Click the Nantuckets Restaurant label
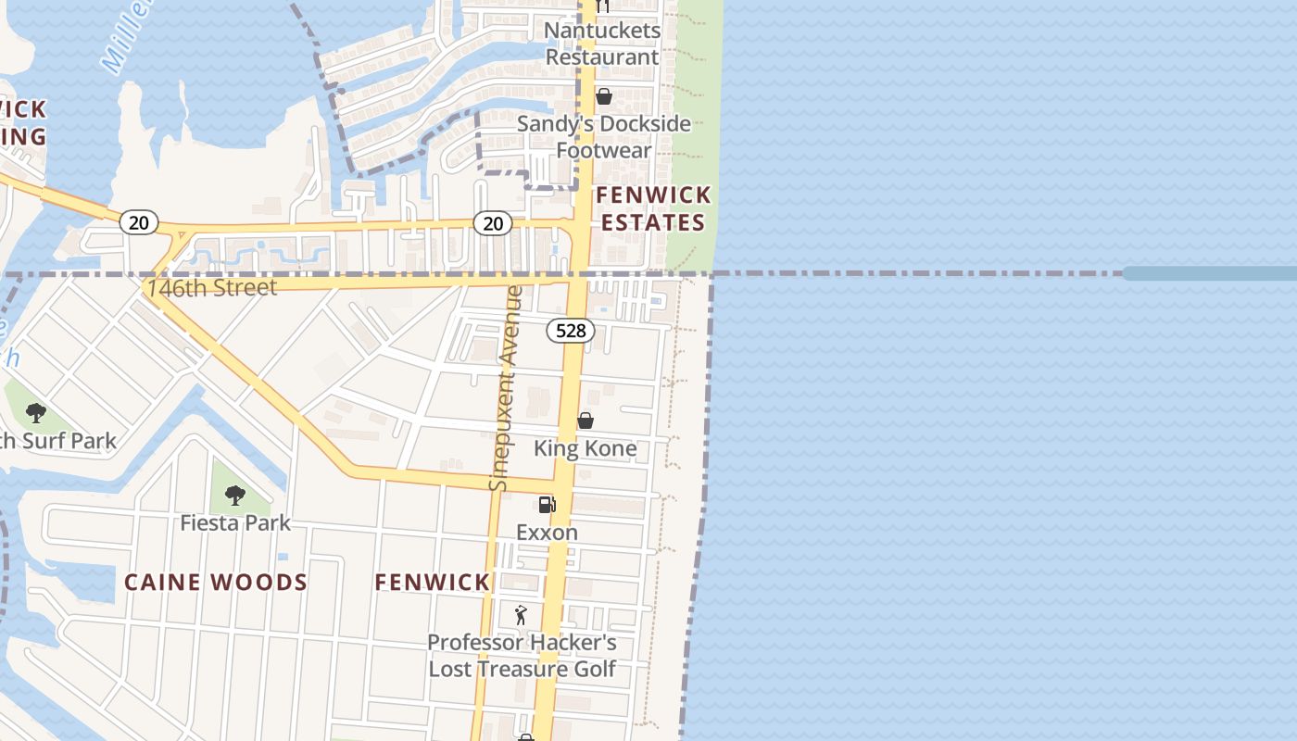tap(602, 44)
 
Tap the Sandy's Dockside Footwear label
tap(603, 137)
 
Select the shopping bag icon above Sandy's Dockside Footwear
tap(604, 96)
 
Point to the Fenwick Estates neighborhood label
tap(653, 208)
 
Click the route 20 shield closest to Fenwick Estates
tap(493, 222)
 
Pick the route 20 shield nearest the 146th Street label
tap(139, 222)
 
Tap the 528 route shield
tap(570, 331)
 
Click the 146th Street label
tap(211, 288)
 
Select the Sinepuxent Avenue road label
tap(507, 389)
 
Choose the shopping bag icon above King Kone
tap(586, 421)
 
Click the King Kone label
tap(586, 449)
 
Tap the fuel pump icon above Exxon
tap(548, 505)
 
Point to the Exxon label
tap(547, 533)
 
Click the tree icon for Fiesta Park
tap(235, 496)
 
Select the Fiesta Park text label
tap(235, 523)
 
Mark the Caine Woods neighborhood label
tap(216, 583)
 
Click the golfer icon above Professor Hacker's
tap(521, 615)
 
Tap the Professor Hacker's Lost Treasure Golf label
tap(522, 656)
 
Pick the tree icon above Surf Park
tap(36, 413)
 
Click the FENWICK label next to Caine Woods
tap(433, 583)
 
